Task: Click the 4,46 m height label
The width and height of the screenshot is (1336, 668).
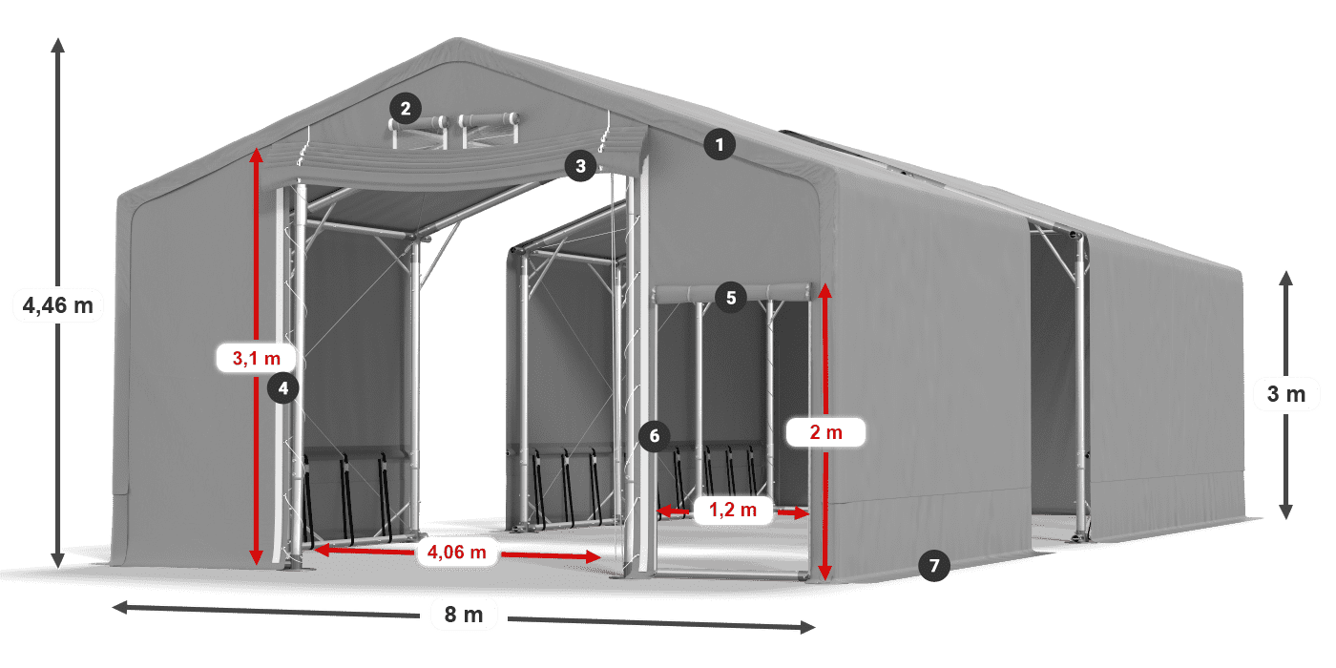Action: [57, 306]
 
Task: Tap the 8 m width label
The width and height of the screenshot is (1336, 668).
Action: [465, 615]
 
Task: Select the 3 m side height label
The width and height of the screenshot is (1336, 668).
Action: [1286, 394]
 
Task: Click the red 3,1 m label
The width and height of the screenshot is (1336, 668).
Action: [257, 359]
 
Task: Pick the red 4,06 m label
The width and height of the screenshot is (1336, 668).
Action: [457, 551]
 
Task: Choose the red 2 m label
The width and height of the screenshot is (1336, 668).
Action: [825, 432]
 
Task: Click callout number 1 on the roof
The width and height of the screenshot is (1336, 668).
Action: [720, 145]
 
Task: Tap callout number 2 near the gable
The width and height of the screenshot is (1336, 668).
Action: [406, 109]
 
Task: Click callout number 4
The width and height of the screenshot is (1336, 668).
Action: [283, 387]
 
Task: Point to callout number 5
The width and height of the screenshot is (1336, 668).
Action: [730, 298]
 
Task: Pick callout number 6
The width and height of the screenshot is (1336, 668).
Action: [654, 437]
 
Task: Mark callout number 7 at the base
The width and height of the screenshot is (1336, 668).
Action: [934, 566]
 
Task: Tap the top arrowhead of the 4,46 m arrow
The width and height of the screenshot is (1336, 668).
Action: [57, 43]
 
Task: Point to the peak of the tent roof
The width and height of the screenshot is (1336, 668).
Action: [456, 42]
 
